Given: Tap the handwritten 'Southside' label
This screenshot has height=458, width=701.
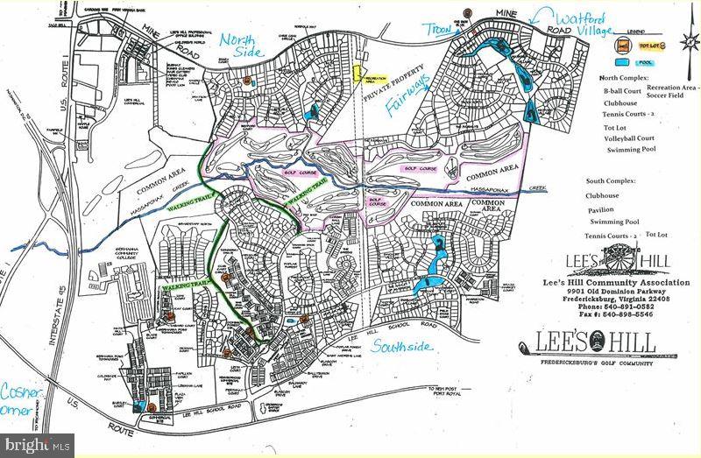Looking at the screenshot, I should click(401, 348).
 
